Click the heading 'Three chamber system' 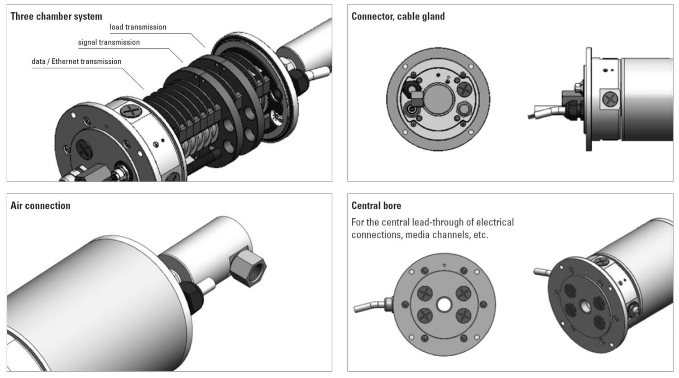coord(56,16)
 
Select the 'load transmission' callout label coord(138,27)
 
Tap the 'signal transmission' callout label coord(109,43)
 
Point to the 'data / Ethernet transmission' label coord(77,62)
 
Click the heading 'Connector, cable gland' coord(398,16)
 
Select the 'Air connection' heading coord(40,206)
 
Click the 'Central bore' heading coord(376,206)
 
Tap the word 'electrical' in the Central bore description coord(495,222)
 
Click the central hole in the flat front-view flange coord(444,304)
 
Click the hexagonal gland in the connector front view coord(462,109)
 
